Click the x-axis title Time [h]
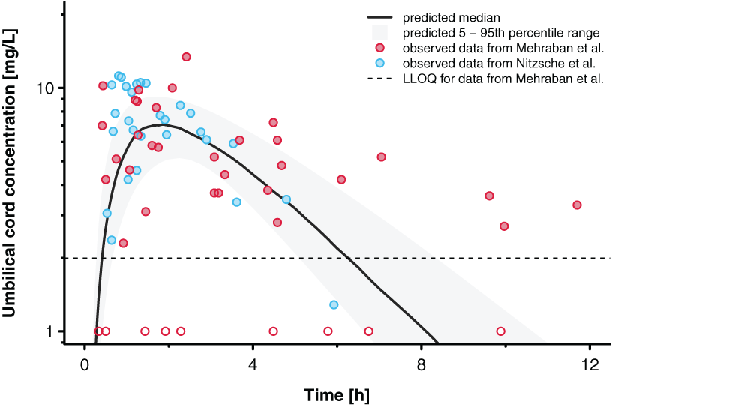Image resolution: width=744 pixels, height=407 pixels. [337, 394]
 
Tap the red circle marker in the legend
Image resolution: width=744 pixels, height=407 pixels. [379, 48]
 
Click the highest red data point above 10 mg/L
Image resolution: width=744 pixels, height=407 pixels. [186, 57]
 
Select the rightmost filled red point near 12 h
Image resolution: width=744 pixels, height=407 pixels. [577, 205]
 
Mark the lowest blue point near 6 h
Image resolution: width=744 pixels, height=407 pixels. [334, 304]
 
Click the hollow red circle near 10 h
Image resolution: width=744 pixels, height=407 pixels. [500, 331]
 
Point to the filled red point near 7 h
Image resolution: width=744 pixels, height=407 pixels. [381, 157]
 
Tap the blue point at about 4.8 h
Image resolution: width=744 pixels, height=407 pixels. [286, 199]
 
